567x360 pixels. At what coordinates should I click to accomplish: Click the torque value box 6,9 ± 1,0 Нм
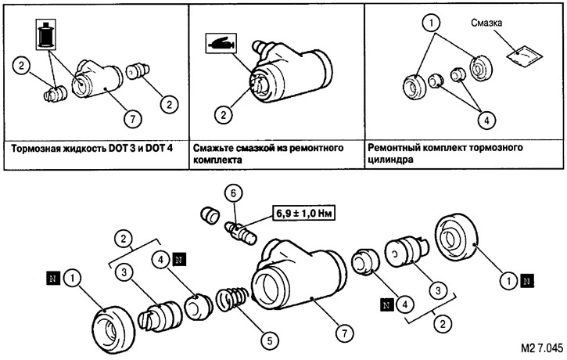(303, 214)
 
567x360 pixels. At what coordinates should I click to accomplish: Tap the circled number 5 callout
(269, 340)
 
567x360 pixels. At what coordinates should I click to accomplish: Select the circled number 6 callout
(233, 193)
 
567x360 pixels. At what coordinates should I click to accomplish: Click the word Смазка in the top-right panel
(486, 23)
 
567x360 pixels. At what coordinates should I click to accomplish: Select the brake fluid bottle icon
(46, 34)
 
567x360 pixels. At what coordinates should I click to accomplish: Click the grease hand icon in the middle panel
(221, 43)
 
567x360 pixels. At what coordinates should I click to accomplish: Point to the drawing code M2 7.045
(542, 347)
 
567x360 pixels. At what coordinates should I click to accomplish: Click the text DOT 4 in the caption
(159, 149)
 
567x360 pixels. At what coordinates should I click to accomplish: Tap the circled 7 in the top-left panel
(132, 119)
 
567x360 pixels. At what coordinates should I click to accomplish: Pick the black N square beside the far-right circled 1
(527, 280)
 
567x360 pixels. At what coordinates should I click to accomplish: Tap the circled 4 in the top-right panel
(486, 121)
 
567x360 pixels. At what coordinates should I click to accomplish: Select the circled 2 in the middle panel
(223, 115)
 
